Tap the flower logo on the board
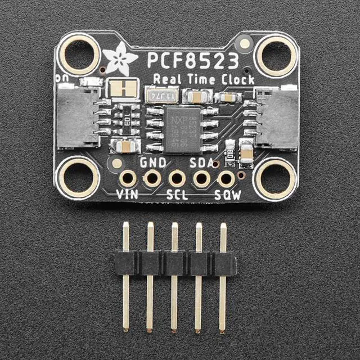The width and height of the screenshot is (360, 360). (120, 59)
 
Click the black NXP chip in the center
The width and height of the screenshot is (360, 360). (183, 130)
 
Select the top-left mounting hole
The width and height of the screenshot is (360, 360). (79, 54)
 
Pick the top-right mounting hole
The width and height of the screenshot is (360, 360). (275, 54)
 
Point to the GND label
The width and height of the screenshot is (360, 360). (152, 163)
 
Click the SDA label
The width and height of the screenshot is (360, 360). (202, 163)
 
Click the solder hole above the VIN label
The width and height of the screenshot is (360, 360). (128, 179)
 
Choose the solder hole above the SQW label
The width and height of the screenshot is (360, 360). (226, 179)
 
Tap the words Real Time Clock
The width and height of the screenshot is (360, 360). (204, 79)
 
